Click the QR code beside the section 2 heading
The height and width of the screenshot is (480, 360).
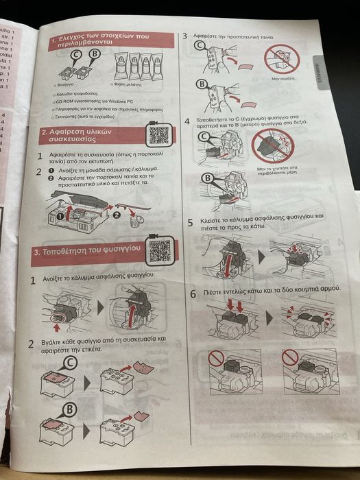click(x=159, y=134)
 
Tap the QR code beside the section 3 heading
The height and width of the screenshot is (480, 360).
click(x=159, y=252)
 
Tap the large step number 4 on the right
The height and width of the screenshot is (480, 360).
click(x=188, y=121)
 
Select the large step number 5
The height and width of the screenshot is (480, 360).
click(x=191, y=224)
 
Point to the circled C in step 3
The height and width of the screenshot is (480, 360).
click(x=199, y=47)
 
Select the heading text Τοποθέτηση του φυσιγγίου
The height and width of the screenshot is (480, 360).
click(x=93, y=252)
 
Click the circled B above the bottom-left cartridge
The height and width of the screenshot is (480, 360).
click(x=69, y=409)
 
